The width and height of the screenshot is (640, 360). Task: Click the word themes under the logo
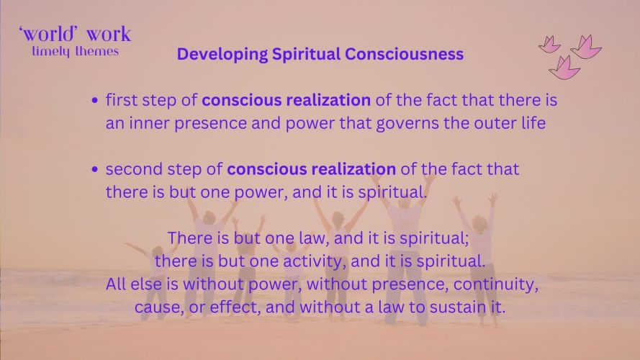(97, 51)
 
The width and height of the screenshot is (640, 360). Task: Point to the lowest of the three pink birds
(564, 68)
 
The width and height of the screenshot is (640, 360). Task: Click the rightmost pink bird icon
(586, 47)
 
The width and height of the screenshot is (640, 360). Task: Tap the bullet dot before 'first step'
(95, 100)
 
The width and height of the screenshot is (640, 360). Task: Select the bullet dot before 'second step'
(95, 169)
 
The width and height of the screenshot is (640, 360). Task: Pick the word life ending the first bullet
(532, 123)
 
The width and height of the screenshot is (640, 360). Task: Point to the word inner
(150, 123)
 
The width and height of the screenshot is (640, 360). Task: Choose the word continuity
(495, 285)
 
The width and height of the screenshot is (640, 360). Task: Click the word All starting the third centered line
(116, 284)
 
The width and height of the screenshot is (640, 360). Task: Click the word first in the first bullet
(122, 100)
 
